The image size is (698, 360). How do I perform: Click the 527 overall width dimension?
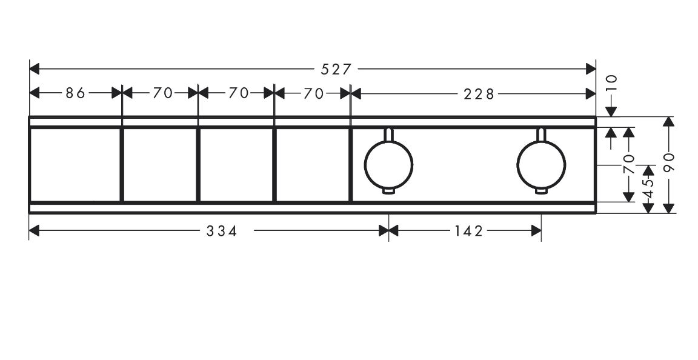click(336, 69)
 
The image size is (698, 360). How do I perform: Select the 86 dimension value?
click(75, 93)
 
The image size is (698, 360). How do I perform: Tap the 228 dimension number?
click(479, 94)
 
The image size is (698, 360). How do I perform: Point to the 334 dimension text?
click(222, 231)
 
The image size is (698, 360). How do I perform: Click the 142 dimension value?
click(469, 231)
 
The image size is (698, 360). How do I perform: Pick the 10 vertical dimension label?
click(612, 83)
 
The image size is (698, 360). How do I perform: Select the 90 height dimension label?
click(669, 162)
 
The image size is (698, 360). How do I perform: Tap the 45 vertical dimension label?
click(648, 187)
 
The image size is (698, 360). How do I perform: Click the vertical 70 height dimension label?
click(628, 164)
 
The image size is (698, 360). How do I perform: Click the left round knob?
click(388, 164)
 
